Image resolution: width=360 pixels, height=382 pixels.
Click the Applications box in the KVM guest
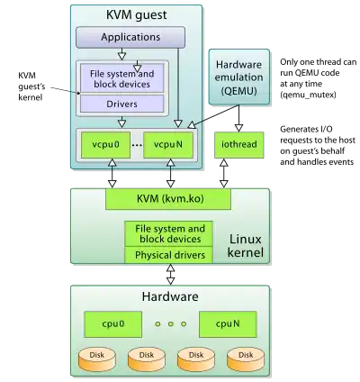[x=130, y=37]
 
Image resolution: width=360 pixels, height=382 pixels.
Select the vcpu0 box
[x=105, y=145]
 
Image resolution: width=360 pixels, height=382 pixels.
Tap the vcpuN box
[x=168, y=145]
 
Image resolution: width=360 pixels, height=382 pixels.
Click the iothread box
[x=239, y=145]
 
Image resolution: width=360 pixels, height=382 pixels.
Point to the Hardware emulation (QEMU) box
[x=239, y=77]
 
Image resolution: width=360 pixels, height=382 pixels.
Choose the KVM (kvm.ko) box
[x=168, y=199]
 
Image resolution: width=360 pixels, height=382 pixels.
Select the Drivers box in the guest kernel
[x=121, y=104]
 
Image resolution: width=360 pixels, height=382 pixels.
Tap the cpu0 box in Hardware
[x=112, y=324]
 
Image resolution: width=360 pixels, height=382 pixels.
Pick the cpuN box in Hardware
[x=228, y=324]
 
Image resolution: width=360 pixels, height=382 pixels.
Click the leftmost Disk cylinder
[x=97, y=359]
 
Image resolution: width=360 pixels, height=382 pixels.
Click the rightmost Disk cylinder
[x=246, y=359]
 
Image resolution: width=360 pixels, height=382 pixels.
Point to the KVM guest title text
[x=137, y=15]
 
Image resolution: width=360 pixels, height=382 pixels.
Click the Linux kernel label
[x=246, y=246]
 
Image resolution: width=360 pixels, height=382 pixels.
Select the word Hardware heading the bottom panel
[x=170, y=296]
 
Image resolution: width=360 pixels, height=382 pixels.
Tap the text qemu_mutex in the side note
[x=308, y=95]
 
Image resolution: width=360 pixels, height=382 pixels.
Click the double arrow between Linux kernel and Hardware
[x=170, y=274]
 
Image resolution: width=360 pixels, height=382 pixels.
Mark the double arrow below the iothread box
[x=224, y=173]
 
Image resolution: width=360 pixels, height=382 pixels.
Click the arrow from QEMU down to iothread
[x=238, y=118]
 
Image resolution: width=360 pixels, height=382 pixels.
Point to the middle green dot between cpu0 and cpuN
[x=171, y=324]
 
